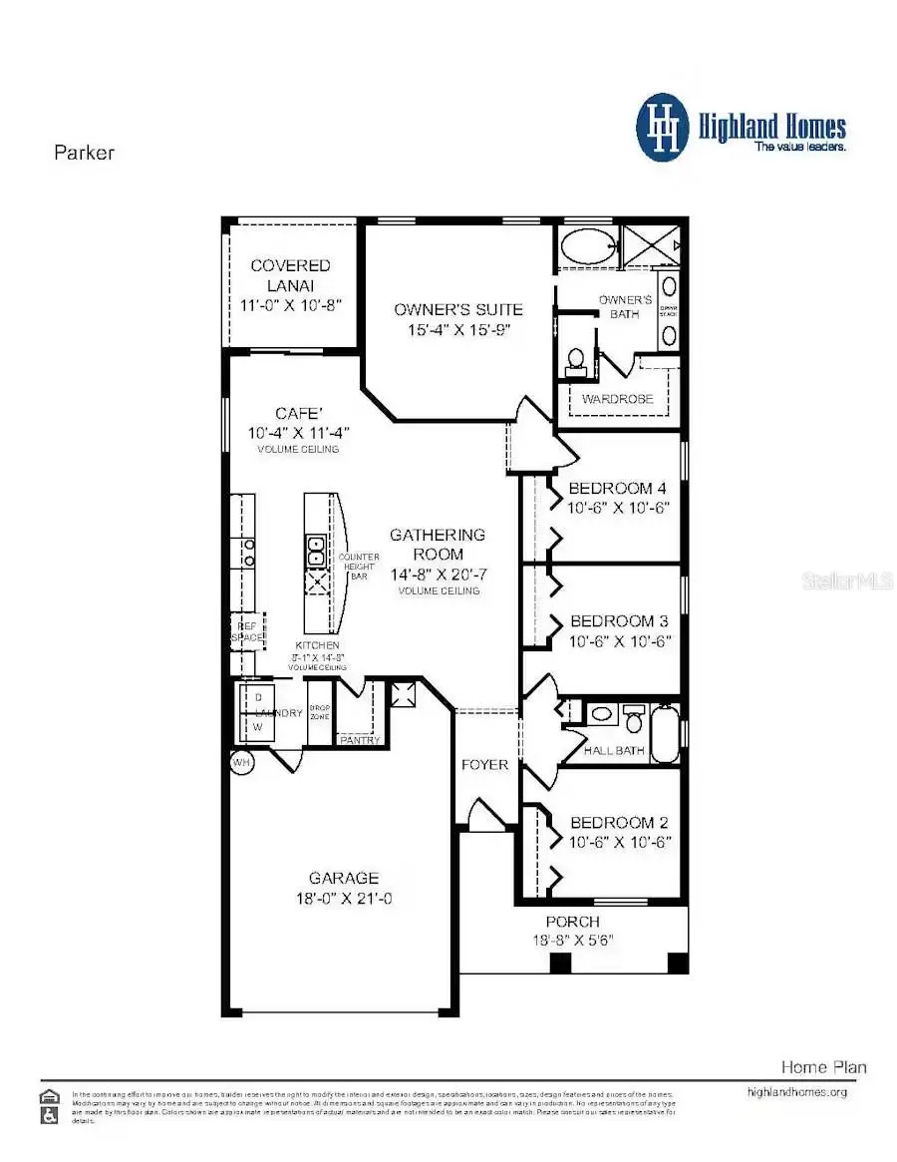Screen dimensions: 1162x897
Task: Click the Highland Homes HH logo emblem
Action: click(663, 127)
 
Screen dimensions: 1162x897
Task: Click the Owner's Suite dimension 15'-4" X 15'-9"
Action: click(457, 329)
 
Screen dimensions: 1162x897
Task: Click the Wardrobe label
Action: click(618, 399)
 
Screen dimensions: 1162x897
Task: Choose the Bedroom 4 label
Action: click(617, 489)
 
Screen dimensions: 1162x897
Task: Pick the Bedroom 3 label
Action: click(617, 619)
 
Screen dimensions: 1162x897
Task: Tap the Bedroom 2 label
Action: click(618, 823)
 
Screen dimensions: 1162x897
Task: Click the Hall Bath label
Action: click(614, 750)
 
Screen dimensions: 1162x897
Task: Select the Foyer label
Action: click(484, 765)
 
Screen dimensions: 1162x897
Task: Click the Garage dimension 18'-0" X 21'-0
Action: click(343, 898)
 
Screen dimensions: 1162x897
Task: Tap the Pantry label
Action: click(359, 740)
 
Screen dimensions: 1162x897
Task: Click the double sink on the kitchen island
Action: click(316, 547)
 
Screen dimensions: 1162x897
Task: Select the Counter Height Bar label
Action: click(359, 567)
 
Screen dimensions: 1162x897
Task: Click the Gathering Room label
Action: click(438, 544)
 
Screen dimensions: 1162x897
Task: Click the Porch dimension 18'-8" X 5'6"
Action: click(572, 940)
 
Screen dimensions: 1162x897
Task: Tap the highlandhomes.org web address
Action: click(796, 1092)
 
